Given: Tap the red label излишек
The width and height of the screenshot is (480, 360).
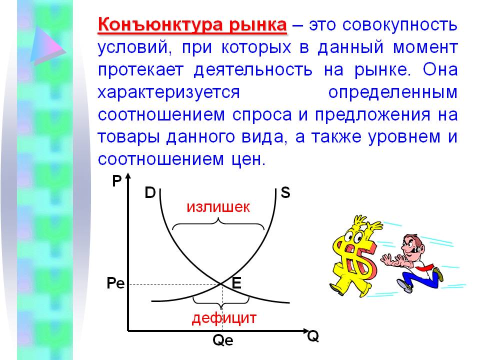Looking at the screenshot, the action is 218,207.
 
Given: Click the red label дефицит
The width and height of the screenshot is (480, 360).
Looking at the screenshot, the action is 224,318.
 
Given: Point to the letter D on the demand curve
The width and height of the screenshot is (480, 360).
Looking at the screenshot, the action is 150,193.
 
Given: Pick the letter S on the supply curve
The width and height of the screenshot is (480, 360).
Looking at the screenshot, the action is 285,193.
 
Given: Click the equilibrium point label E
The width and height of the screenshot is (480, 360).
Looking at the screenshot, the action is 236,282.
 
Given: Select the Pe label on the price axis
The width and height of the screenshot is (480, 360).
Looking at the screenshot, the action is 115,283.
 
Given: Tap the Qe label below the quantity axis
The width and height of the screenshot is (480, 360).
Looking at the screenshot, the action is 223,340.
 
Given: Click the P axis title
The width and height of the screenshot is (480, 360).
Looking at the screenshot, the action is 116,181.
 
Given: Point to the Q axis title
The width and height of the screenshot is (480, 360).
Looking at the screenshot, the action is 313,336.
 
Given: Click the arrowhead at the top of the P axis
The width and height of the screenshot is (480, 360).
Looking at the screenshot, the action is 128,176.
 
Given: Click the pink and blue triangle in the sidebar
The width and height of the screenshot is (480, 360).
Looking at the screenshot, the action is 46,45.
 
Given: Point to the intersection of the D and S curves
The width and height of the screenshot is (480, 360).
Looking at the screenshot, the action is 221,284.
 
